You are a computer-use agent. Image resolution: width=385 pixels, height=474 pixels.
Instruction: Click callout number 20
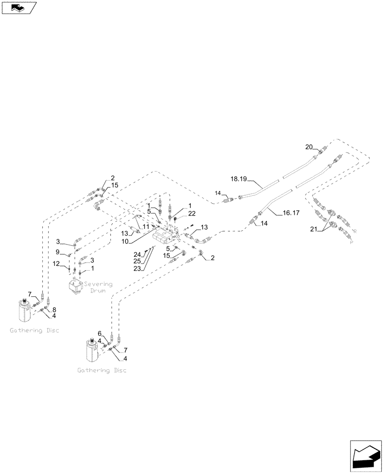pyautogui.click(x=309, y=147)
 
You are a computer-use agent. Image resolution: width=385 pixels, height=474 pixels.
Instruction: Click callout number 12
pyautogui.click(x=56, y=264)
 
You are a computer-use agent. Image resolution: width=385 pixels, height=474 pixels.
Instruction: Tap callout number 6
pyautogui.click(x=100, y=333)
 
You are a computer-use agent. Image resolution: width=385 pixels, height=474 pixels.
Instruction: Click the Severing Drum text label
pyautogui.click(x=98, y=287)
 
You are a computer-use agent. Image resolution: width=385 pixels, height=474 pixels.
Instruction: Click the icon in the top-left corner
pyautogui.click(x=18, y=8)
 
